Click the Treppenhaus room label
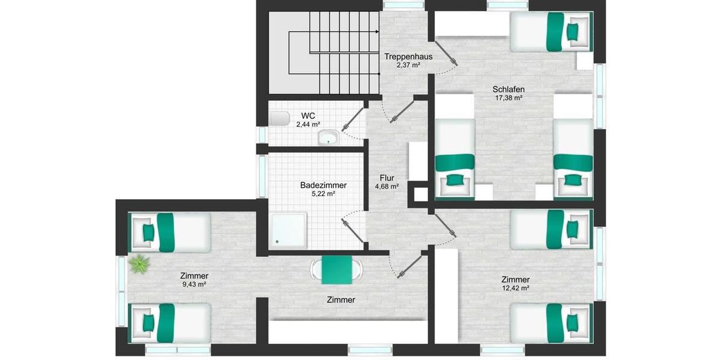[407, 56]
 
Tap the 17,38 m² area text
[508, 98]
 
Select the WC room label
[308, 116]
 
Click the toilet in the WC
[279, 119]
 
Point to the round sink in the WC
[328, 138]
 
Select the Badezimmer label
[323, 185]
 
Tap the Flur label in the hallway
[387, 178]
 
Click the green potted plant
[139, 264]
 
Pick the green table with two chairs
[337, 270]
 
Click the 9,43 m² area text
[194, 284]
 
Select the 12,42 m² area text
[515, 288]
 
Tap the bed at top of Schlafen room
[550, 32]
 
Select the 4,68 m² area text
[387, 187]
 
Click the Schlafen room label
[508, 89]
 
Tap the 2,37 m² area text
[407, 65]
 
